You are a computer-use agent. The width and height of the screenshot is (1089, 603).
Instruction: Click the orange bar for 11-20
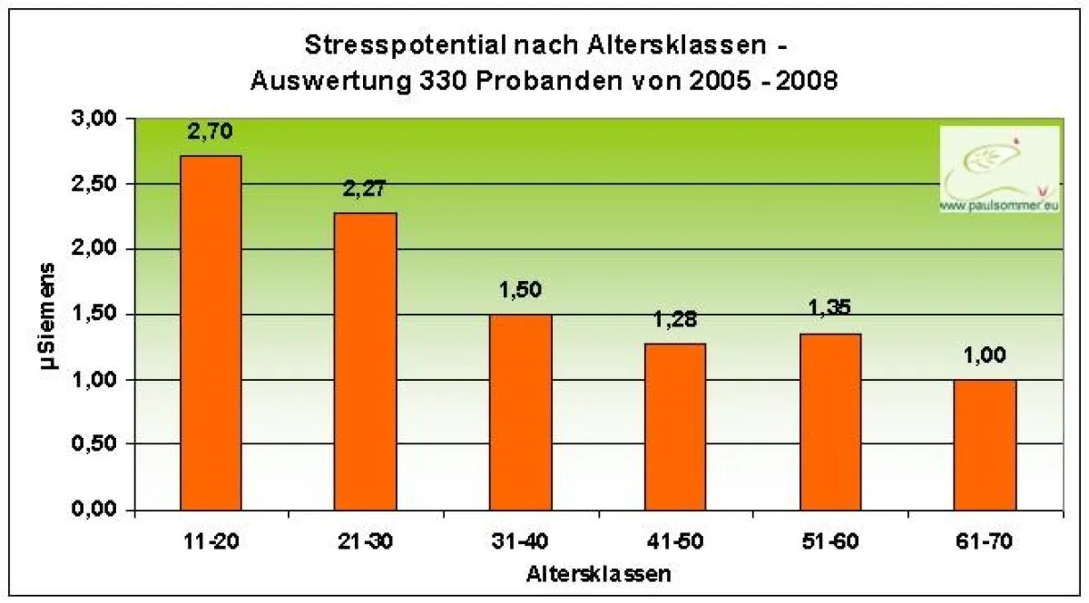[211, 333]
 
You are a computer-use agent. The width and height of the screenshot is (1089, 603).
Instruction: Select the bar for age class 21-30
[366, 361]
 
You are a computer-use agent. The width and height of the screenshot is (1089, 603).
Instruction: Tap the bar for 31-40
[521, 412]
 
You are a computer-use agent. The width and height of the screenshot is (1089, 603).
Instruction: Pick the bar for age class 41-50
[675, 426]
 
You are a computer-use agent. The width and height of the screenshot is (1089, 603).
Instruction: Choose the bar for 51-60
[830, 422]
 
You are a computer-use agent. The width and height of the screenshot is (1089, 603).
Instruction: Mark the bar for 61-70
[986, 444]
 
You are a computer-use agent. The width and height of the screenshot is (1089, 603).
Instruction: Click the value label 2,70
[211, 132]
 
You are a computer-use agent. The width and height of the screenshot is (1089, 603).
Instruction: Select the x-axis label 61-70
[986, 543]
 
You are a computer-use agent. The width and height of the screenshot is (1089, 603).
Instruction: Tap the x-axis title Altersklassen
[598, 573]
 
